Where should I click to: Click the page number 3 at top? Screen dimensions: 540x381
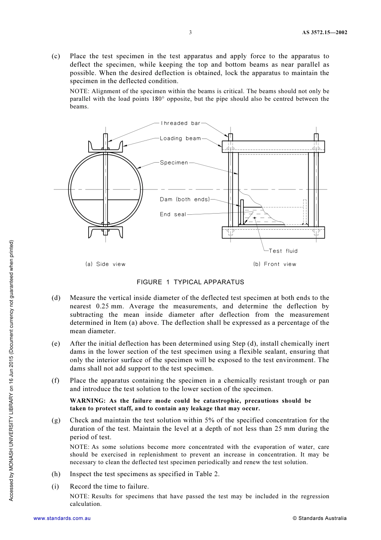(190, 33)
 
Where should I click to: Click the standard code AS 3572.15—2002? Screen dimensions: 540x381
(324, 33)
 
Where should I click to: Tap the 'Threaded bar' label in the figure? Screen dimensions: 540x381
(180, 123)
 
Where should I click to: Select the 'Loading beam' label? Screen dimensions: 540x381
(180, 139)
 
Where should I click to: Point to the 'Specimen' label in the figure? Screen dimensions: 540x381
(174, 163)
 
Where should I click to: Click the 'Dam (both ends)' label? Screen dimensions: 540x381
(185, 200)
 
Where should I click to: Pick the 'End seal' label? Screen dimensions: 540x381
(173, 214)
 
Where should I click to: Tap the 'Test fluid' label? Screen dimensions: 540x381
(283, 251)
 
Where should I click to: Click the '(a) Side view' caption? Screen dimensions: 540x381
(105, 264)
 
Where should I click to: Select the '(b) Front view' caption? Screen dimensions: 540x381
(275, 264)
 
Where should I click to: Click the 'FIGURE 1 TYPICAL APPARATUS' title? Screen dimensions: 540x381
(190, 282)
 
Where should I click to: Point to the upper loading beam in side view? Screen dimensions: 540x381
(105, 146)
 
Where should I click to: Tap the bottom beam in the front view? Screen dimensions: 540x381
(273, 232)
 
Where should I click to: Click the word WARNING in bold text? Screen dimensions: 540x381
(87, 401)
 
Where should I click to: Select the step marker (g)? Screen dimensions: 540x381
(56, 420)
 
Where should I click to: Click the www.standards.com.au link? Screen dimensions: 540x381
(62, 518)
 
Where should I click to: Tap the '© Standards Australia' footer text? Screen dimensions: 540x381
(320, 518)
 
